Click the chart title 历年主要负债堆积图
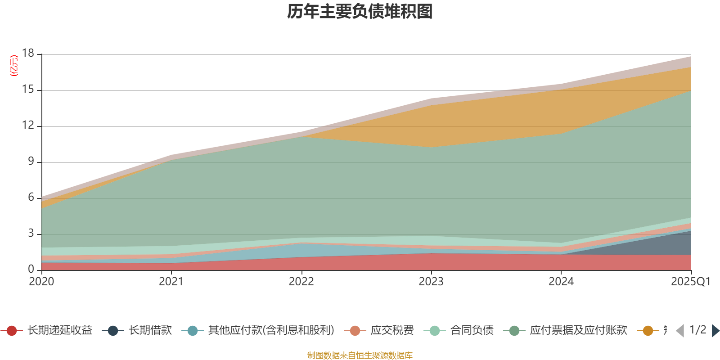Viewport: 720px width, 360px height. tap(360, 12)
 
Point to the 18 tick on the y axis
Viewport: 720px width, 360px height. tap(28, 54)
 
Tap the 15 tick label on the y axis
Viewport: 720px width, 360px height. tap(28, 90)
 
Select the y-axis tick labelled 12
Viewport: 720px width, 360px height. tap(28, 126)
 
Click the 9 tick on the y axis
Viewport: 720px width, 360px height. tap(31, 162)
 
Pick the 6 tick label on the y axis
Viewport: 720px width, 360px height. tap(31, 198)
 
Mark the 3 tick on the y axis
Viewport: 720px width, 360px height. tap(31, 234)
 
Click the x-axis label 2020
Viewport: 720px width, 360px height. tap(41, 282)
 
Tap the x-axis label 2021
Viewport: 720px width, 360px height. tap(171, 282)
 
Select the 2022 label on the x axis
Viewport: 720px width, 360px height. tap(301, 282)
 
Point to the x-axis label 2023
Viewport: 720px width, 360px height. tap(431, 282)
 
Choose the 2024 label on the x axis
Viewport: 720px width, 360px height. tap(561, 282)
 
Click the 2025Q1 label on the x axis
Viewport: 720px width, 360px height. tap(690, 282)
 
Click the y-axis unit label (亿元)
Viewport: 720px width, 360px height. tap(14, 66)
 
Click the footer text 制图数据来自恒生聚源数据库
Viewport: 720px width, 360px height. tap(360, 355)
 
